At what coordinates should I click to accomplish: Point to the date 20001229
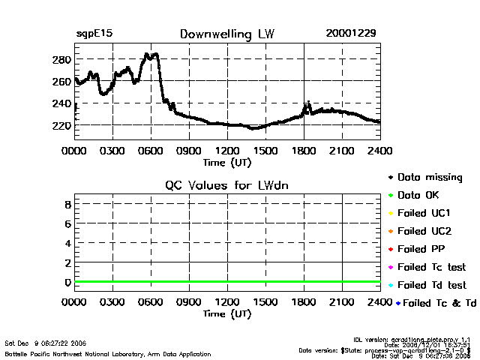[x=351, y=34]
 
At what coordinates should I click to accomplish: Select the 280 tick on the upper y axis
[x=62, y=59]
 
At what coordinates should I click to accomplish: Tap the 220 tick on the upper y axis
[x=62, y=126]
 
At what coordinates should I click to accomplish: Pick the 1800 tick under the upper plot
[x=303, y=151]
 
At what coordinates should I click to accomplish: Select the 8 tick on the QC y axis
[x=67, y=204]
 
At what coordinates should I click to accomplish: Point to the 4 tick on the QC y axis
[x=67, y=243]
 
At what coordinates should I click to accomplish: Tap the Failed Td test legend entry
[x=431, y=285]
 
